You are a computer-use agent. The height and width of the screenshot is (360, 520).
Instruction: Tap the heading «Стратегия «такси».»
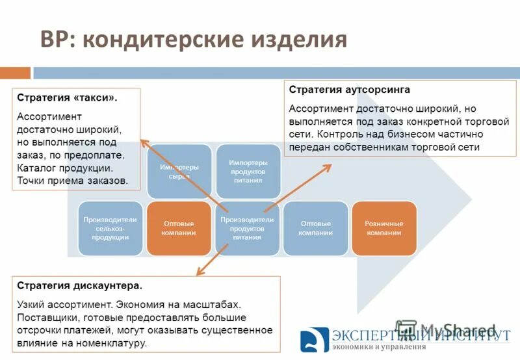(68, 97)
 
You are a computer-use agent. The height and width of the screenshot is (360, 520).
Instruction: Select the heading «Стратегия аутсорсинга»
(349, 89)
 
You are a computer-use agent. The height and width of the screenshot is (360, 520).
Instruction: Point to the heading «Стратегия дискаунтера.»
(79, 285)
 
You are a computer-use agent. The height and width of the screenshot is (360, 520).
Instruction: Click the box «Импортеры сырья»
(179, 172)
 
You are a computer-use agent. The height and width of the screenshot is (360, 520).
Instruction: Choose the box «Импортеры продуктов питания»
(248, 172)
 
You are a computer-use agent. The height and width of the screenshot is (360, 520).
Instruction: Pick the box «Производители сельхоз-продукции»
(110, 228)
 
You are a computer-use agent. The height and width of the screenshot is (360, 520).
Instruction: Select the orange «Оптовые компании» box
(179, 228)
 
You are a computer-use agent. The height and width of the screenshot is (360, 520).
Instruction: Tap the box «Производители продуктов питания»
(248, 228)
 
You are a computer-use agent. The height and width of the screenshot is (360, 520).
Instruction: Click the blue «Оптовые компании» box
(315, 228)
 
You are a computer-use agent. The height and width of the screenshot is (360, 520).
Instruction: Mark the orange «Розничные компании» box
(383, 228)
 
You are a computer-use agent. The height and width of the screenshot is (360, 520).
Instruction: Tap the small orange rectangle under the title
(15, 73)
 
